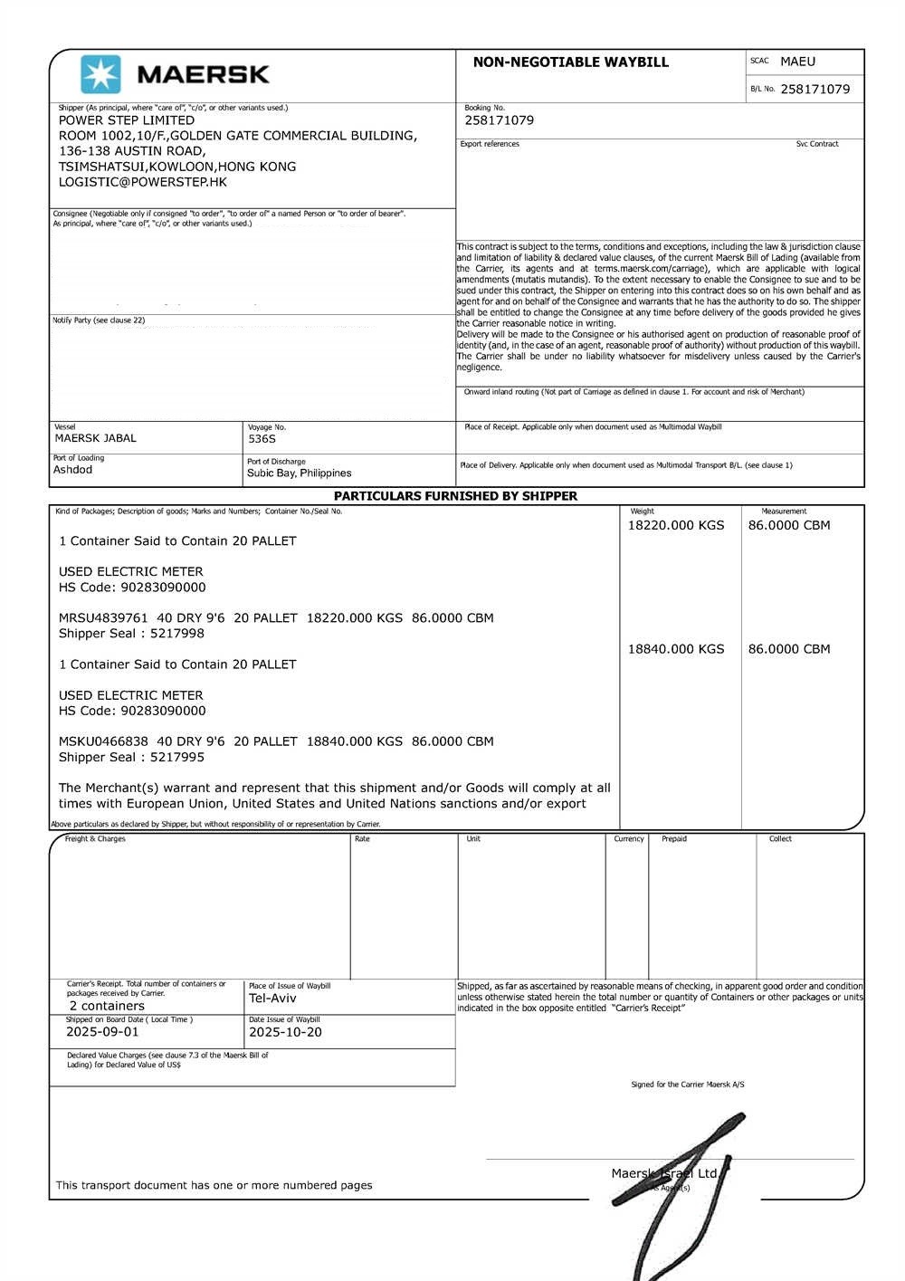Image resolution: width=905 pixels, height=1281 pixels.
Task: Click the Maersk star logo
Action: coord(100,74)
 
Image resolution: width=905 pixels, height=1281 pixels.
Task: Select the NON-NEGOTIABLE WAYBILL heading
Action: coord(570,62)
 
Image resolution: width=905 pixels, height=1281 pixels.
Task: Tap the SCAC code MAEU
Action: coord(797,62)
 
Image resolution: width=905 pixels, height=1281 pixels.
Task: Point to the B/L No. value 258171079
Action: coord(814,89)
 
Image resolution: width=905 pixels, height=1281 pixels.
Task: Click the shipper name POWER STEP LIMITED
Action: coord(127,120)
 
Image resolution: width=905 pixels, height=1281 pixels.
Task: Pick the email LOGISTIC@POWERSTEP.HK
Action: coord(143,182)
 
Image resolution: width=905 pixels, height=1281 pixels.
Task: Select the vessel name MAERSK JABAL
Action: coord(96,438)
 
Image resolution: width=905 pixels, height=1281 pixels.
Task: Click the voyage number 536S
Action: coord(262,439)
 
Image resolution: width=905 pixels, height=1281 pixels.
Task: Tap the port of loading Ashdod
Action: coord(72,470)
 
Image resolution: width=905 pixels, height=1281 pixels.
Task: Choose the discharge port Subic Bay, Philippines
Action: coord(299,473)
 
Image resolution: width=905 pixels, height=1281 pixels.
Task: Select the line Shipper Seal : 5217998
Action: coord(131,634)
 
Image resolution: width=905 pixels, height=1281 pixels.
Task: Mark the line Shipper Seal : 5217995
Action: coord(131,757)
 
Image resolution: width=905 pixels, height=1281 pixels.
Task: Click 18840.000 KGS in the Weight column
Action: coord(676,649)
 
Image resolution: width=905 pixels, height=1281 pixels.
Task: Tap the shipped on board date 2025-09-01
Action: coord(102,1032)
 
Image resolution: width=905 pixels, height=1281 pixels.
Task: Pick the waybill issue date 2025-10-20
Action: coord(285,1032)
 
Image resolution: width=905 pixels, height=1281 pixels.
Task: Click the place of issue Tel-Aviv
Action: coord(272,999)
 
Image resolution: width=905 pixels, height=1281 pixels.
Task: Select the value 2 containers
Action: coord(107,1006)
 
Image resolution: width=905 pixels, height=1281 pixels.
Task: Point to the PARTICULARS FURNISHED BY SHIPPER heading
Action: coord(455,496)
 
